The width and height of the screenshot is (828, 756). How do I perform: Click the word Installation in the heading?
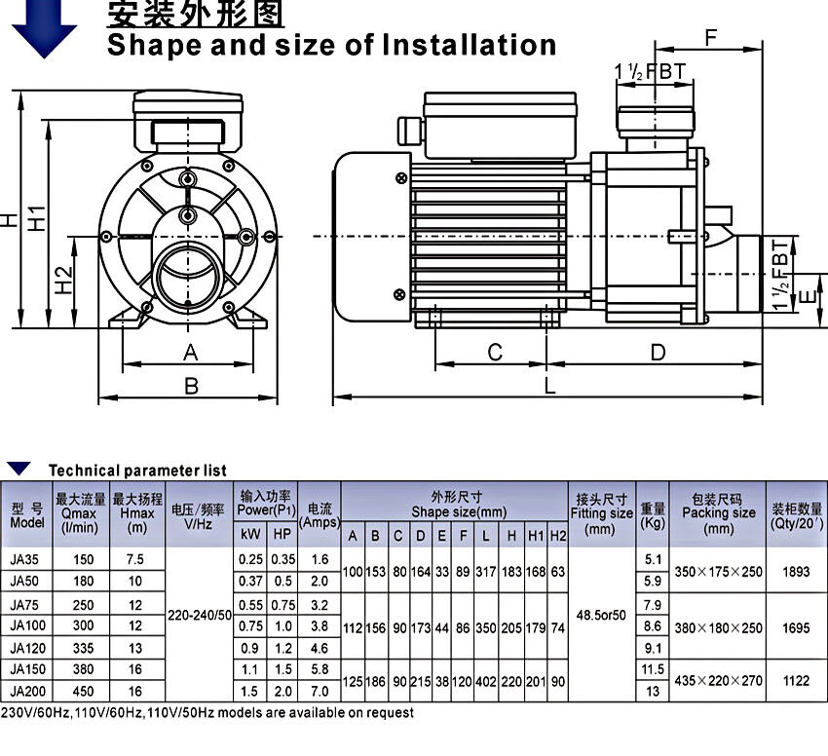pos(469,45)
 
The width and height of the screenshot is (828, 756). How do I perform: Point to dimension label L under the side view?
pos(550,386)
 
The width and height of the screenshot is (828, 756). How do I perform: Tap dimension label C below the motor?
pos(495,352)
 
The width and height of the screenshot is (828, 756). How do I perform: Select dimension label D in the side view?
pos(658,352)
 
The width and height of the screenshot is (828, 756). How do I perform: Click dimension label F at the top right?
pos(711,38)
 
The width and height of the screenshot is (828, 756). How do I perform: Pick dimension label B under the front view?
pos(191,386)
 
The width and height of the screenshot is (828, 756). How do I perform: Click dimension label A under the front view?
pos(191,352)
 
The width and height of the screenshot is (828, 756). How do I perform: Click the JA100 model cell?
pos(27,625)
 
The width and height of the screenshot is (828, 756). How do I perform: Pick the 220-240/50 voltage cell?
pos(200,616)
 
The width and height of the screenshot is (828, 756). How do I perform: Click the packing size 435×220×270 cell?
pos(718,680)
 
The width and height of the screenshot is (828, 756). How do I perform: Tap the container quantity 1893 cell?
pos(796,571)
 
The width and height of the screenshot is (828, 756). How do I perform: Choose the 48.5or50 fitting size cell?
pos(601,616)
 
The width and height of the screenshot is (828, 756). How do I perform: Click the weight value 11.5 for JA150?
pos(652,669)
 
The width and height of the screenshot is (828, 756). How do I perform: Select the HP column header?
pos(282,534)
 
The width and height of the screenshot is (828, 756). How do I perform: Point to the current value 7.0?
pos(320,691)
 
